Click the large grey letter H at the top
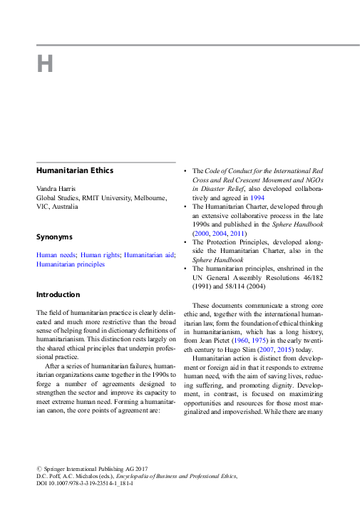(45, 63)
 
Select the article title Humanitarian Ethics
(75, 170)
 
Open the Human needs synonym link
(56, 254)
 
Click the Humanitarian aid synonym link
(148, 254)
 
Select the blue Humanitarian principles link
(70, 264)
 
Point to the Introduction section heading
(58, 294)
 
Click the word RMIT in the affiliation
(90, 197)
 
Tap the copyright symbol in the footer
(39, 467)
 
